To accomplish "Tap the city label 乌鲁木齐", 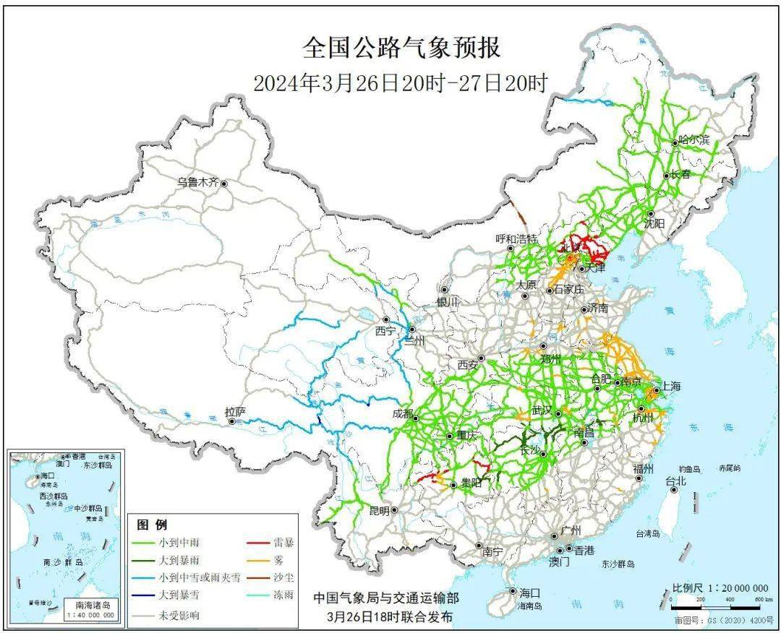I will [x=197, y=183].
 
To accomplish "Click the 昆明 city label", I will [x=379, y=510].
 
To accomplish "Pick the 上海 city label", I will [x=670, y=387].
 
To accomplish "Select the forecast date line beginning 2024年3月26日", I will [x=400, y=83].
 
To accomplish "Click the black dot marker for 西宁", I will [x=387, y=319].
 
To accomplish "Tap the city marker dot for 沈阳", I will [x=651, y=214].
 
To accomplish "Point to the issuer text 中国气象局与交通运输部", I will [x=385, y=599].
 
